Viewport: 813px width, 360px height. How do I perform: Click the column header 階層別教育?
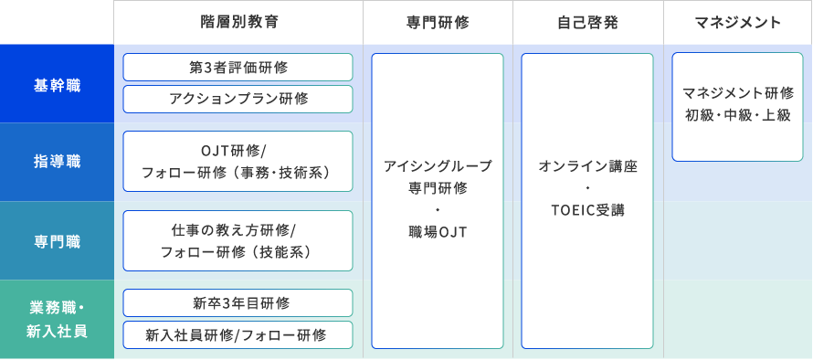coord(238,23)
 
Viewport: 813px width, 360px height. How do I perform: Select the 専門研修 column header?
coord(437,23)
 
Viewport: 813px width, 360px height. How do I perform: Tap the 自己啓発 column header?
coord(587,23)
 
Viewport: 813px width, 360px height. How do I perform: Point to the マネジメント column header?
coord(738,23)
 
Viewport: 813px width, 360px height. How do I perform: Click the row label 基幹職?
coord(57,84)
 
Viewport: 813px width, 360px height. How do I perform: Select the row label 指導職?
coord(57,162)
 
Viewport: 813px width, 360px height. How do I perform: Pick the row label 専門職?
coord(57,241)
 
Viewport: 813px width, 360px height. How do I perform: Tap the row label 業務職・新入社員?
coord(57,319)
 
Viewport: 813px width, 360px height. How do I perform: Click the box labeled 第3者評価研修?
coord(237,68)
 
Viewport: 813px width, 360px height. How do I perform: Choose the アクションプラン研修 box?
coord(237,99)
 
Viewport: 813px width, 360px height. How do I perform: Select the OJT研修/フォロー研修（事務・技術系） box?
coord(237,161)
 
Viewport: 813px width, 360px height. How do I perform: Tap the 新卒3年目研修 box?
coord(237,303)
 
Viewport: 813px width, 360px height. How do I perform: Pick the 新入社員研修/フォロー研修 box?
coord(237,334)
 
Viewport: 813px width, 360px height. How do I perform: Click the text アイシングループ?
coord(438,166)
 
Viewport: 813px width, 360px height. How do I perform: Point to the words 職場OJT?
coord(438,233)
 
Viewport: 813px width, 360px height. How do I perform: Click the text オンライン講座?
coord(587,166)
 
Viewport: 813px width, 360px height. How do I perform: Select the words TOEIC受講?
coord(587,210)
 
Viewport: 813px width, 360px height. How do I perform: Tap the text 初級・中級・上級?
coord(738,115)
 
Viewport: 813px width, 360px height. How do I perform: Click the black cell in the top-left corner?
coord(57,22)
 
